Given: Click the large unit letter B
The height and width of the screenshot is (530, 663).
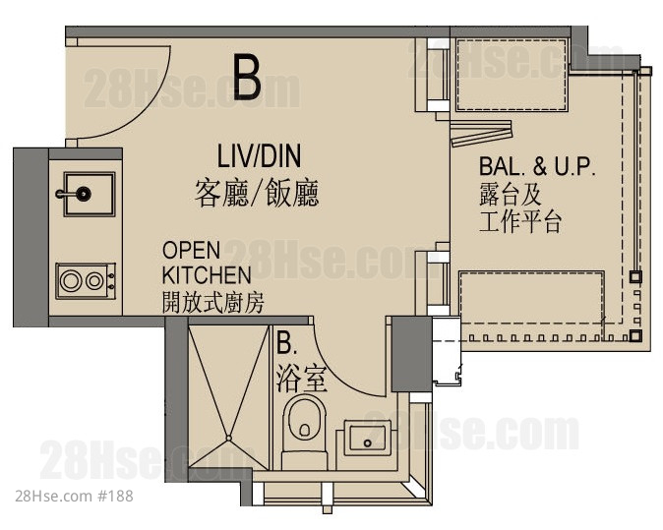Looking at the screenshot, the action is (x=247, y=79).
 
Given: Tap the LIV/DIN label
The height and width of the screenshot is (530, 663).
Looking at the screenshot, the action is (x=259, y=156).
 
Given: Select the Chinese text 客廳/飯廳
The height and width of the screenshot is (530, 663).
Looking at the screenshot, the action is (x=257, y=193).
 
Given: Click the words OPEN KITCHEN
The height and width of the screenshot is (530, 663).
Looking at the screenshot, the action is (x=207, y=263).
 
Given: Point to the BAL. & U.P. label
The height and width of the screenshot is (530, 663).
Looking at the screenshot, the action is (x=537, y=166).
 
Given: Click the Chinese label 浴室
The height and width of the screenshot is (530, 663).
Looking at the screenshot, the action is (x=302, y=380).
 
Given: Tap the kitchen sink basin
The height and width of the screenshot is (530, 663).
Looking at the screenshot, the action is (x=90, y=195).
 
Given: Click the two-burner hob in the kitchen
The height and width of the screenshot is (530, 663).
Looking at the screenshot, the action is (x=86, y=281).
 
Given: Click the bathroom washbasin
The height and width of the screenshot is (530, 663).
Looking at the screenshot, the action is (x=367, y=438).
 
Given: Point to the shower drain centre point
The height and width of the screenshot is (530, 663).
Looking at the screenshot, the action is (x=229, y=439).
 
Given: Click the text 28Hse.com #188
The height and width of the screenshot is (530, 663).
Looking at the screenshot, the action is (x=74, y=496).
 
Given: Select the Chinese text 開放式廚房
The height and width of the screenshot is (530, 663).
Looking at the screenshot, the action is (x=213, y=303).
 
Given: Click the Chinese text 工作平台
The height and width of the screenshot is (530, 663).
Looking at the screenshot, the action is (x=520, y=221).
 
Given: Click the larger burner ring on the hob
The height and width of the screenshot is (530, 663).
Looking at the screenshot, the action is (x=71, y=281).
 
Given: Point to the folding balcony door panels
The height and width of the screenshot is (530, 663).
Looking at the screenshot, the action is (x=481, y=132).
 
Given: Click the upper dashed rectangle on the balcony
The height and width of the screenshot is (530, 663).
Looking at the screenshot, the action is (x=512, y=75).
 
